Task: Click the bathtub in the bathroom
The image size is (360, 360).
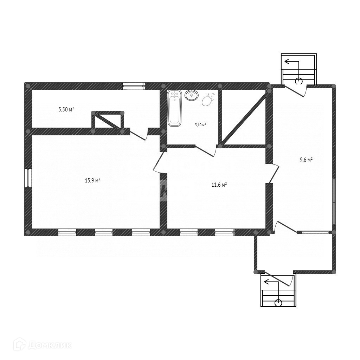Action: [x=175, y=108]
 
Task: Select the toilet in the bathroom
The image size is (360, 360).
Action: [x=208, y=99]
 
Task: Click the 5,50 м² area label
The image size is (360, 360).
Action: [x=66, y=110]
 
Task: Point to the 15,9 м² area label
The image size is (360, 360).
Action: [x=93, y=181]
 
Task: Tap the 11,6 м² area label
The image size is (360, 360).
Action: [x=219, y=185]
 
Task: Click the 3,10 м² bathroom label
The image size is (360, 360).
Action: [x=200, y=124]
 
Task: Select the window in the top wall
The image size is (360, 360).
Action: [x=134, y=85]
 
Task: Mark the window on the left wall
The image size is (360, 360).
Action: [x=28, y=178]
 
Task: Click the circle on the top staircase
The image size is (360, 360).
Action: [x=299, y=82]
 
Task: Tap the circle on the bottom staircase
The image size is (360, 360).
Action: [x=278, y=303]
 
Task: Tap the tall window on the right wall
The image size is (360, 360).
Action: [x=334, y=201]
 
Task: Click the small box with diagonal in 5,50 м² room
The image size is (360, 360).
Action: [x=108, y=121]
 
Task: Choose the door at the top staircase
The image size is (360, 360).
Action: [x=297, y=91]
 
